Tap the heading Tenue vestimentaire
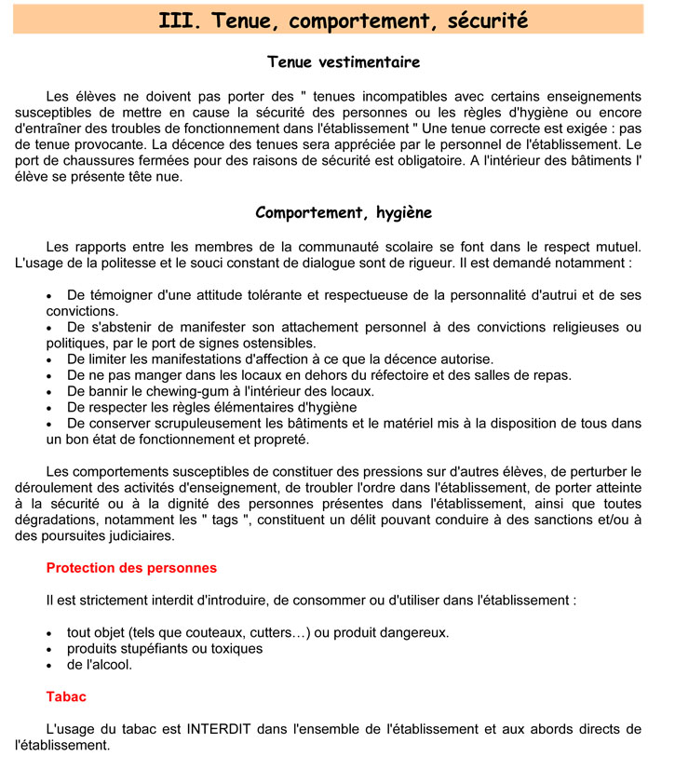pos(344,62)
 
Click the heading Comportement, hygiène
pos(344,213)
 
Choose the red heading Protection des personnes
pos(131,567)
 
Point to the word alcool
pos(106,665)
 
